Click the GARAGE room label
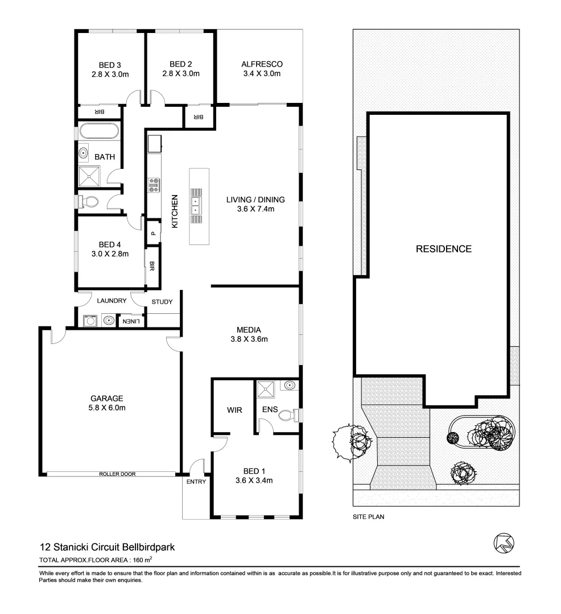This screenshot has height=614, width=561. point(107,398)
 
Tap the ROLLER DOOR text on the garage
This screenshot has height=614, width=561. point(117,474)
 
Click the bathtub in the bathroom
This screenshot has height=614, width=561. point(99,131)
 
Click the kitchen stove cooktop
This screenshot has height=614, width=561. point(154,184)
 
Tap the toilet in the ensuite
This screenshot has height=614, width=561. point(289,416)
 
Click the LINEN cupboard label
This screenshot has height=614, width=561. point(131,322)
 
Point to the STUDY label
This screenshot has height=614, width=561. point(162,302)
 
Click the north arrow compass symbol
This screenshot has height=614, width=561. point(504,542)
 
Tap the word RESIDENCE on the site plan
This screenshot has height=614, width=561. point(443,249)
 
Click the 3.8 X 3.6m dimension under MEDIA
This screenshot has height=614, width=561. point(249,339)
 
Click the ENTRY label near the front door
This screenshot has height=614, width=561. point(196,482)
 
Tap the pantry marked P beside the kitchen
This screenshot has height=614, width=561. point(153,233)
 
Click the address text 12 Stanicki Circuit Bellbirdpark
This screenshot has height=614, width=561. point(106,547)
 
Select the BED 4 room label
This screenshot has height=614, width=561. point(109,245)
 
